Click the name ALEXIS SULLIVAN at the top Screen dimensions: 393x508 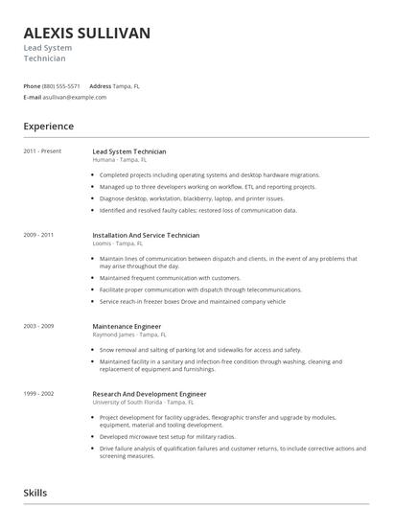(86, 34)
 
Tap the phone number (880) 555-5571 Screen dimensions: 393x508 (62, 85)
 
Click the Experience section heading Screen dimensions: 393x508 (48, 126)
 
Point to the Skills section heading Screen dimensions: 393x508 (35, 493)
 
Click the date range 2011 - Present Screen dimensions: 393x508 (42, 151)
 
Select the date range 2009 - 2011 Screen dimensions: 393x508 (39, 235)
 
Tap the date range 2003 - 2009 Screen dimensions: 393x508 (39, 326)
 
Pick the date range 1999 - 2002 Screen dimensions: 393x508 (39, 393)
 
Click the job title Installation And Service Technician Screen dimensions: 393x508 (146, 235)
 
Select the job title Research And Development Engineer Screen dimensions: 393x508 (150, 393)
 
